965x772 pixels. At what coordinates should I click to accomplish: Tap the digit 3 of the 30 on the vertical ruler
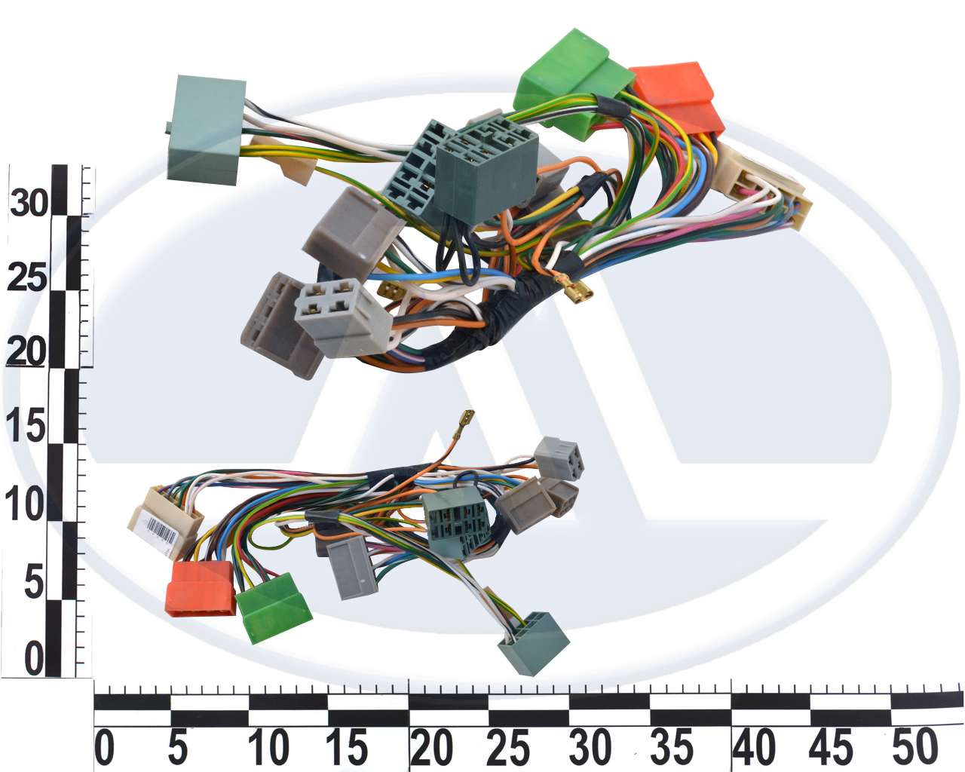coord(18,203)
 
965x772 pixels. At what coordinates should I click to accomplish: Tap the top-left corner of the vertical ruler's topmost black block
coord(52,164)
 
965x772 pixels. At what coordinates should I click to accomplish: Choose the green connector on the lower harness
coord(274,608)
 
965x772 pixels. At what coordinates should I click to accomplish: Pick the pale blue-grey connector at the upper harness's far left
coord(207,130)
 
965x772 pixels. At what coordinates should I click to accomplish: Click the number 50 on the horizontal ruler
coord(914,746)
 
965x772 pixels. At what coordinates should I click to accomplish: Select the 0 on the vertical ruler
coord(34,659)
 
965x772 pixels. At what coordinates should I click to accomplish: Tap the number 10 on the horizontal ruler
coord(269,747)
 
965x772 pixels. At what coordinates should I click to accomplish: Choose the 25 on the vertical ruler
coord(26,277)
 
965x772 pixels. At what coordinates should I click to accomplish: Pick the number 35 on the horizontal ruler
coord(671,747)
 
